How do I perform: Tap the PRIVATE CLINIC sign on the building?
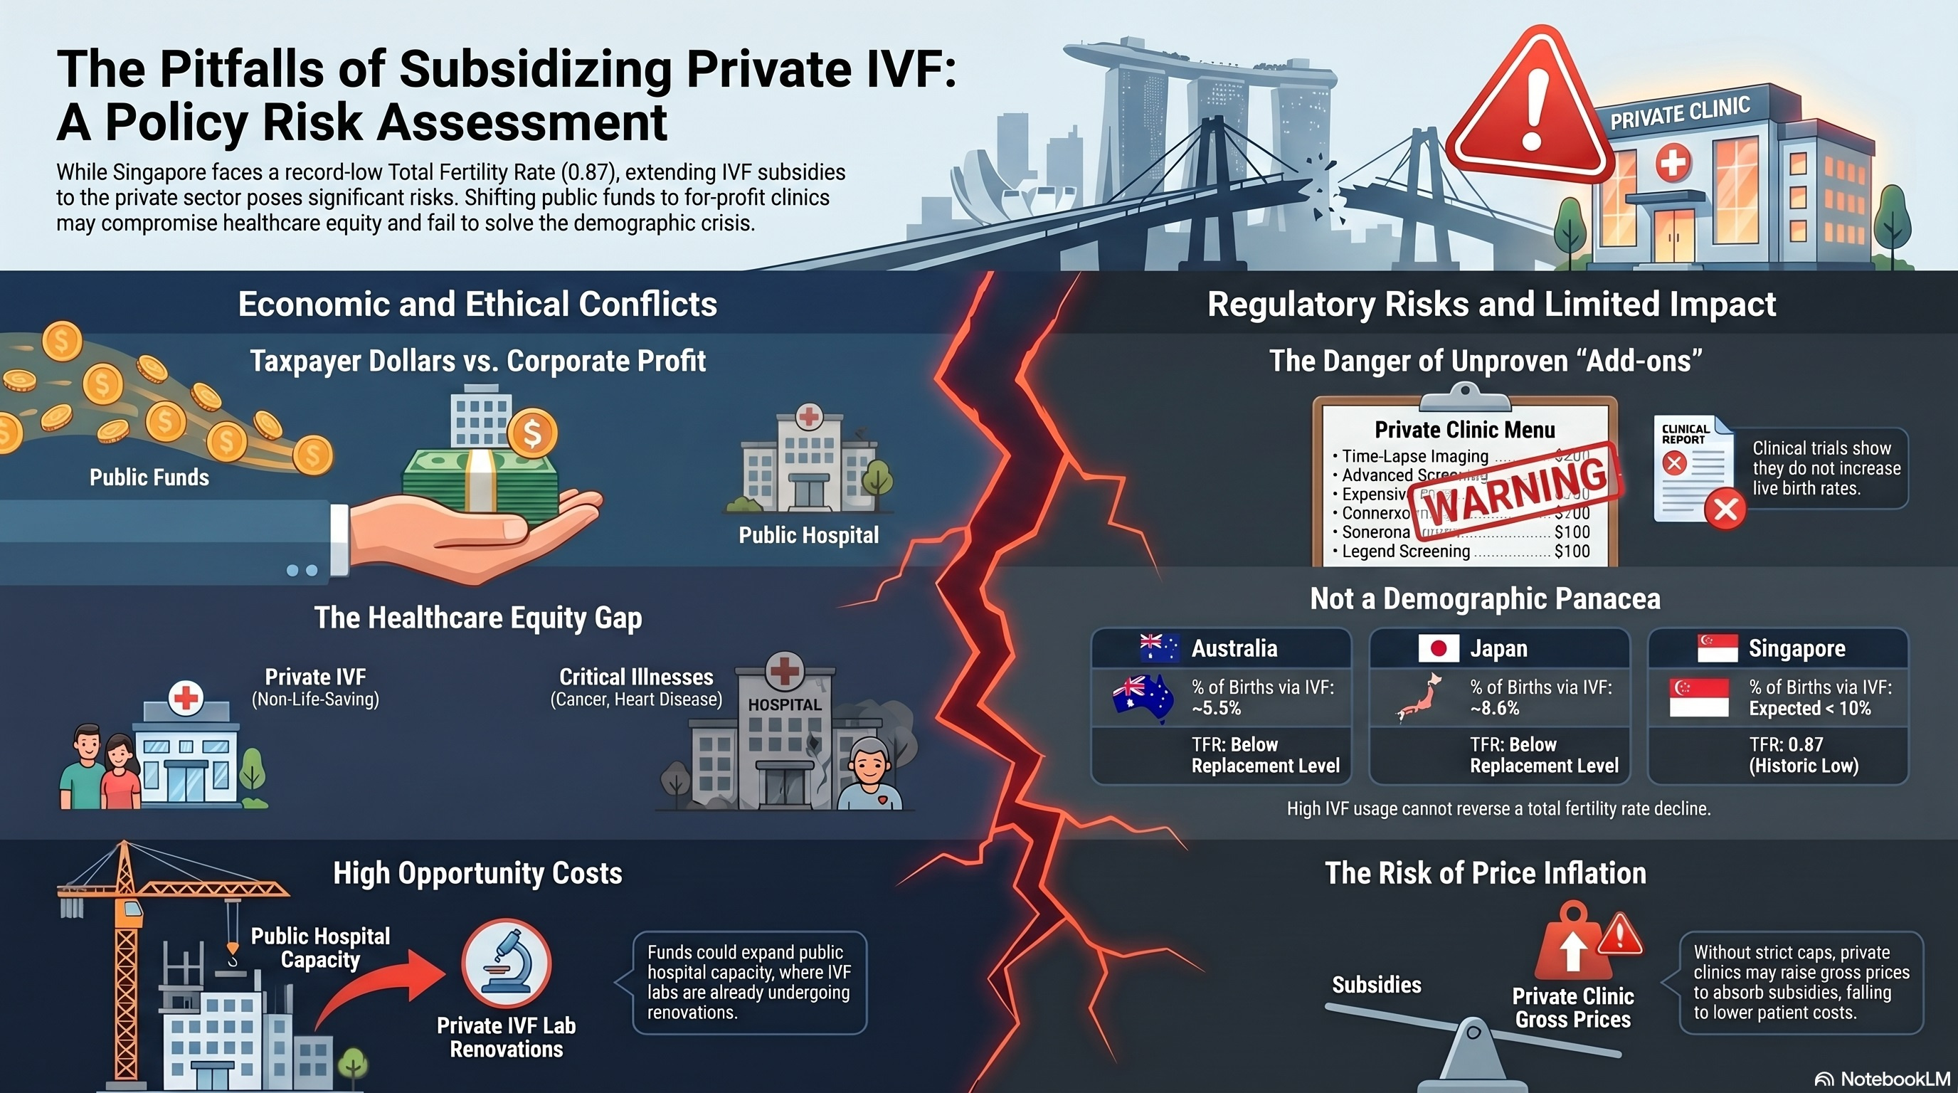(x=1680, y=113)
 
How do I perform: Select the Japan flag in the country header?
(x=1438, y=648)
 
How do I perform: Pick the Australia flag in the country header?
(x=1159, y=648)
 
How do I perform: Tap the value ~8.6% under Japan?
(x=1494, y=709)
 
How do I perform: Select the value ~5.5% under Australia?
(x=1216, y=709)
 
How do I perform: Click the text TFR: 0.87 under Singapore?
(x=1787, y=744)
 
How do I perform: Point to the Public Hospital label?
(x=808, y=535)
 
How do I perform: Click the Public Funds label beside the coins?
(x=149, y=477)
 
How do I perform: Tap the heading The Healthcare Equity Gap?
(x=478, y=618)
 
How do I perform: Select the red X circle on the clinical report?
(x=1725, y=509)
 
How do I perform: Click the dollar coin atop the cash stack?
(x=532, y=433)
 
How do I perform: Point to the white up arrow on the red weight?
(x=1572, y=950)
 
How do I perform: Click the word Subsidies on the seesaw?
(x=1377, y=985)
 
